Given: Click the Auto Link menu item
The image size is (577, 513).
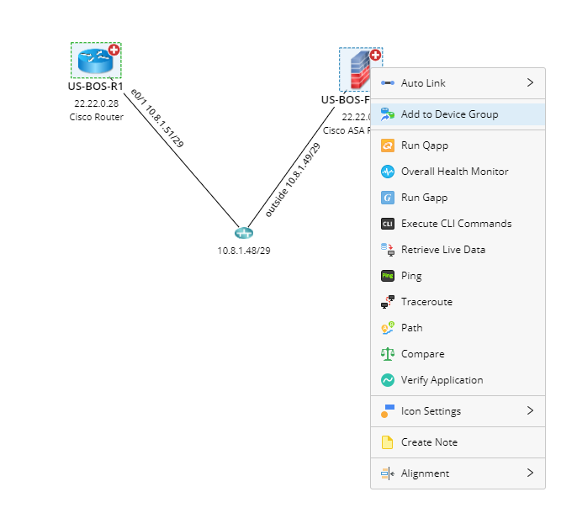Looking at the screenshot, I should tap(423, 83).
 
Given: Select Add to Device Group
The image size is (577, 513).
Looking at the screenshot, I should tap(449, 114).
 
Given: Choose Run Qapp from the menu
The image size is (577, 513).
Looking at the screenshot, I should tap(424, 145).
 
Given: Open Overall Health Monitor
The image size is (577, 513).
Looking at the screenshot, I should tap(454, 172).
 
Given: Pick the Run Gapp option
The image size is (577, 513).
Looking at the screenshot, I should tap(424, 198).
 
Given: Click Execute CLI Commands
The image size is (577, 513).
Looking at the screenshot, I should tap(456, 224).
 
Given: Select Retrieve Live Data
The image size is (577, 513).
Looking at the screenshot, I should tap(442, 250).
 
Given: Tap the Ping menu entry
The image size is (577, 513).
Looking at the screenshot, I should tap(411, 276).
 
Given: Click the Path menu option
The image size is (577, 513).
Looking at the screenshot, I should tap(411, 328).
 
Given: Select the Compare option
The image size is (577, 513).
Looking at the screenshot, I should tap(422, 354).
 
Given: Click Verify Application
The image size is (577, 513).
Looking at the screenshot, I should tap(442, 380).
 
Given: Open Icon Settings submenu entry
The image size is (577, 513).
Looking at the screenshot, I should tap(431, 411).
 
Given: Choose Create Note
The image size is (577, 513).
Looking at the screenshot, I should tap(429, 442).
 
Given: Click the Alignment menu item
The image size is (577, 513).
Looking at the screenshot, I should tap(425, 473).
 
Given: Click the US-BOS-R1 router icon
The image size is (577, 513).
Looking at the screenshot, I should tap(94, 61).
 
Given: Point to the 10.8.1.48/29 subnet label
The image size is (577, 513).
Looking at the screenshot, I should tap(244, 250).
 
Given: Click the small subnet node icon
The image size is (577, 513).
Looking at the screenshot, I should tap(244, 233).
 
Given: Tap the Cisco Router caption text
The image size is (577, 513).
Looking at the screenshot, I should tap(96, 118).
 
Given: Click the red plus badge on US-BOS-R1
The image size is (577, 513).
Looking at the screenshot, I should tap(114, 50).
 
